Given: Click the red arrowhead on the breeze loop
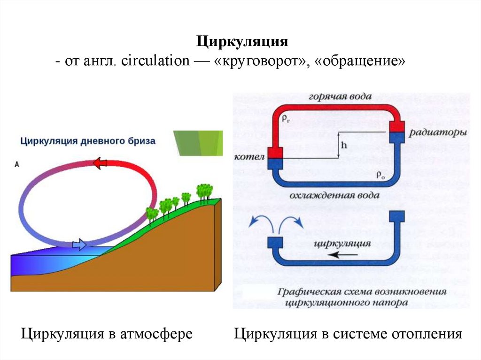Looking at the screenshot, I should point(100,163).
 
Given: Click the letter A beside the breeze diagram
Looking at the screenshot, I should point(17,164).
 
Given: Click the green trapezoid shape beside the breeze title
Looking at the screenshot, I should point(198,142).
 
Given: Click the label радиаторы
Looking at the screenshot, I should point(437,133).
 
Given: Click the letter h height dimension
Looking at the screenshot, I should point(344,145).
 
